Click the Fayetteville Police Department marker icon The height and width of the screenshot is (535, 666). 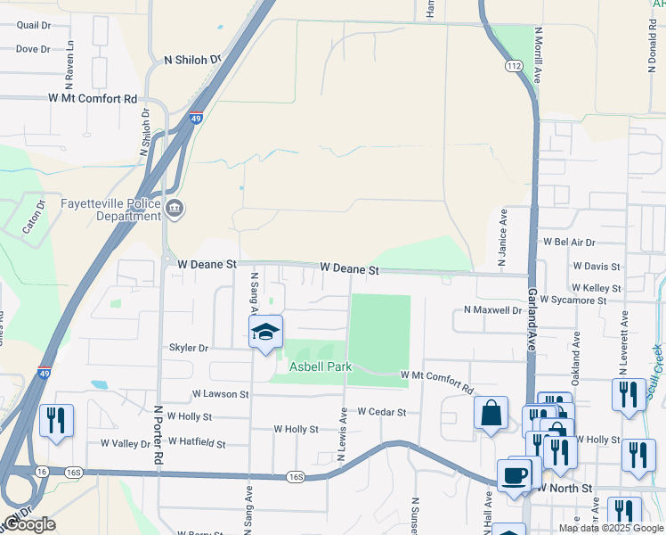[x=175, y=210]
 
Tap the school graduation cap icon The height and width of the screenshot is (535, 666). [x=265, y=333]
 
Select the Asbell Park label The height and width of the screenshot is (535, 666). [x=321, y=366]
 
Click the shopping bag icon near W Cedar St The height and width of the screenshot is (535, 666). [x=491, y=414]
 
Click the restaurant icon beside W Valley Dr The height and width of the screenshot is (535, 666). [x=57, y=421]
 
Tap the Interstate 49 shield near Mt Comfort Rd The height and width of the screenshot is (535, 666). [x=196, y=117]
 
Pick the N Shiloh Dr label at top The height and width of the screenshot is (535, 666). [x=192, y=60]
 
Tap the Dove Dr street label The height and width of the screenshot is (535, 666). [x=32, y=49]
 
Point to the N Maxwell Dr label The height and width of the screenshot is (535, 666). [x=492, y=310]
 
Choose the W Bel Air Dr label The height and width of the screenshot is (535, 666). [x=569, y=242]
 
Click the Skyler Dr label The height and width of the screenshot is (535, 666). [x=190, y=348]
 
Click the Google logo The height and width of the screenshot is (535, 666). [x=29, y=524]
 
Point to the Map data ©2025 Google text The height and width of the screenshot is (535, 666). [x=610, y=528]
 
